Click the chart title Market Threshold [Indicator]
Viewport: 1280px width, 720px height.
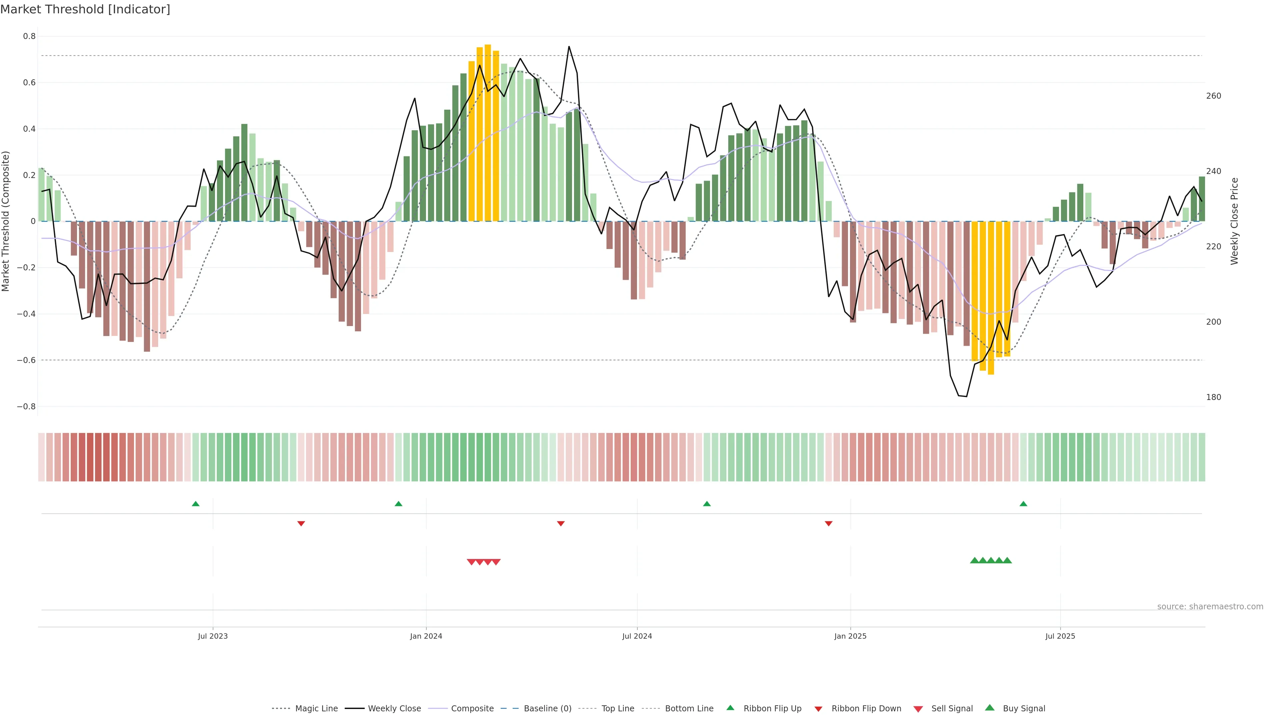tap(85, 9)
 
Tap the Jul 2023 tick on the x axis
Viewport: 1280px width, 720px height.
tap(213, 636)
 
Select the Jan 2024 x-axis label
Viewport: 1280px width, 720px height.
tap(426, 636)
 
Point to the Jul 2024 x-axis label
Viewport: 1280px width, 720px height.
tap(637, 636)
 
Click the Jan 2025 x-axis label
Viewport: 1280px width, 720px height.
tap(850, 636)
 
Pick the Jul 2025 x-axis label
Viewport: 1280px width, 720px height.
tap(1060, 636)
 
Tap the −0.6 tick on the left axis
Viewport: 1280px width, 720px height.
tap(26, 360)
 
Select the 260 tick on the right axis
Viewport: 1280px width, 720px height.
tap(1213, 96)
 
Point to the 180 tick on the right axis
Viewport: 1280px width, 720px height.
tap(1213, 397)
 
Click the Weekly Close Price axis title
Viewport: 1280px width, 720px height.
tap(1235, 221)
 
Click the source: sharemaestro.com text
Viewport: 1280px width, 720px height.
tap(1210, 607)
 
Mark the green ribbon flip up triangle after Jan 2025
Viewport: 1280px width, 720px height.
tap(1023, 504)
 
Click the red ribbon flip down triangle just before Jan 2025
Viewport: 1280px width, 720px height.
tap(828, 524)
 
